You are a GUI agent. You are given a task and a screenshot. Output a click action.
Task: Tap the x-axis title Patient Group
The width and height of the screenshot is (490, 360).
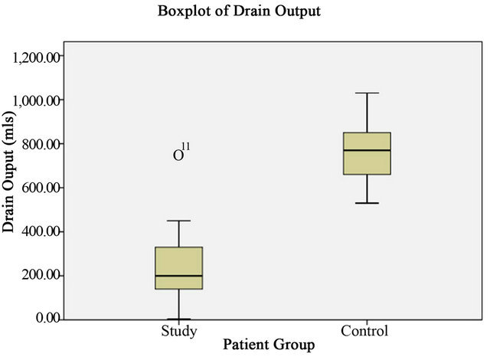pos(269,345)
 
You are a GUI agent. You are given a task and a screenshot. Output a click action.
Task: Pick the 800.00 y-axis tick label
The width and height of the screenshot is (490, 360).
pos(40,144)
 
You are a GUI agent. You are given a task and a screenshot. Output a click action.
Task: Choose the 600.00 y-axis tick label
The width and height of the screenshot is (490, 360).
pos(40,188)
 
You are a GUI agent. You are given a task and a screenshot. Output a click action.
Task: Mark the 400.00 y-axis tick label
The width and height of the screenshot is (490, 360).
pos(40,231)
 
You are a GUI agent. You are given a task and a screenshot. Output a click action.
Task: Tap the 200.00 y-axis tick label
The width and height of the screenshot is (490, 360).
pos(40,275)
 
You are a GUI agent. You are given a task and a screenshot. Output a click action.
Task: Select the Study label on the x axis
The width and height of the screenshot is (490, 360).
pos(179,332)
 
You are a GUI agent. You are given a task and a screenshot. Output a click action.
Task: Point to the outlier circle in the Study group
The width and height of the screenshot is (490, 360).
pos(178,155)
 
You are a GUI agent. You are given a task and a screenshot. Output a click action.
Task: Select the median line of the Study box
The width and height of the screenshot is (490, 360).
pos(179,276)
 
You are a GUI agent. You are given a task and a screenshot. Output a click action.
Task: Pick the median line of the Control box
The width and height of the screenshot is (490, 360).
pos(367,150)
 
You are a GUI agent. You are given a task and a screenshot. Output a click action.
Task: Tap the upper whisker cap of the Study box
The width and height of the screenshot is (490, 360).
pos(179,221)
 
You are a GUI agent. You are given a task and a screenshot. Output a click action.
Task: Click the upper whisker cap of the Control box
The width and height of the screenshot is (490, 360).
pos(367,93)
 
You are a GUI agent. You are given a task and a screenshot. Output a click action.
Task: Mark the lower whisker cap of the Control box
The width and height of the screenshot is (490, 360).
pos(367,203)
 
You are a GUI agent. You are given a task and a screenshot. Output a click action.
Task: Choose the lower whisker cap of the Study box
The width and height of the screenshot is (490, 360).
pos(179,319)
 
